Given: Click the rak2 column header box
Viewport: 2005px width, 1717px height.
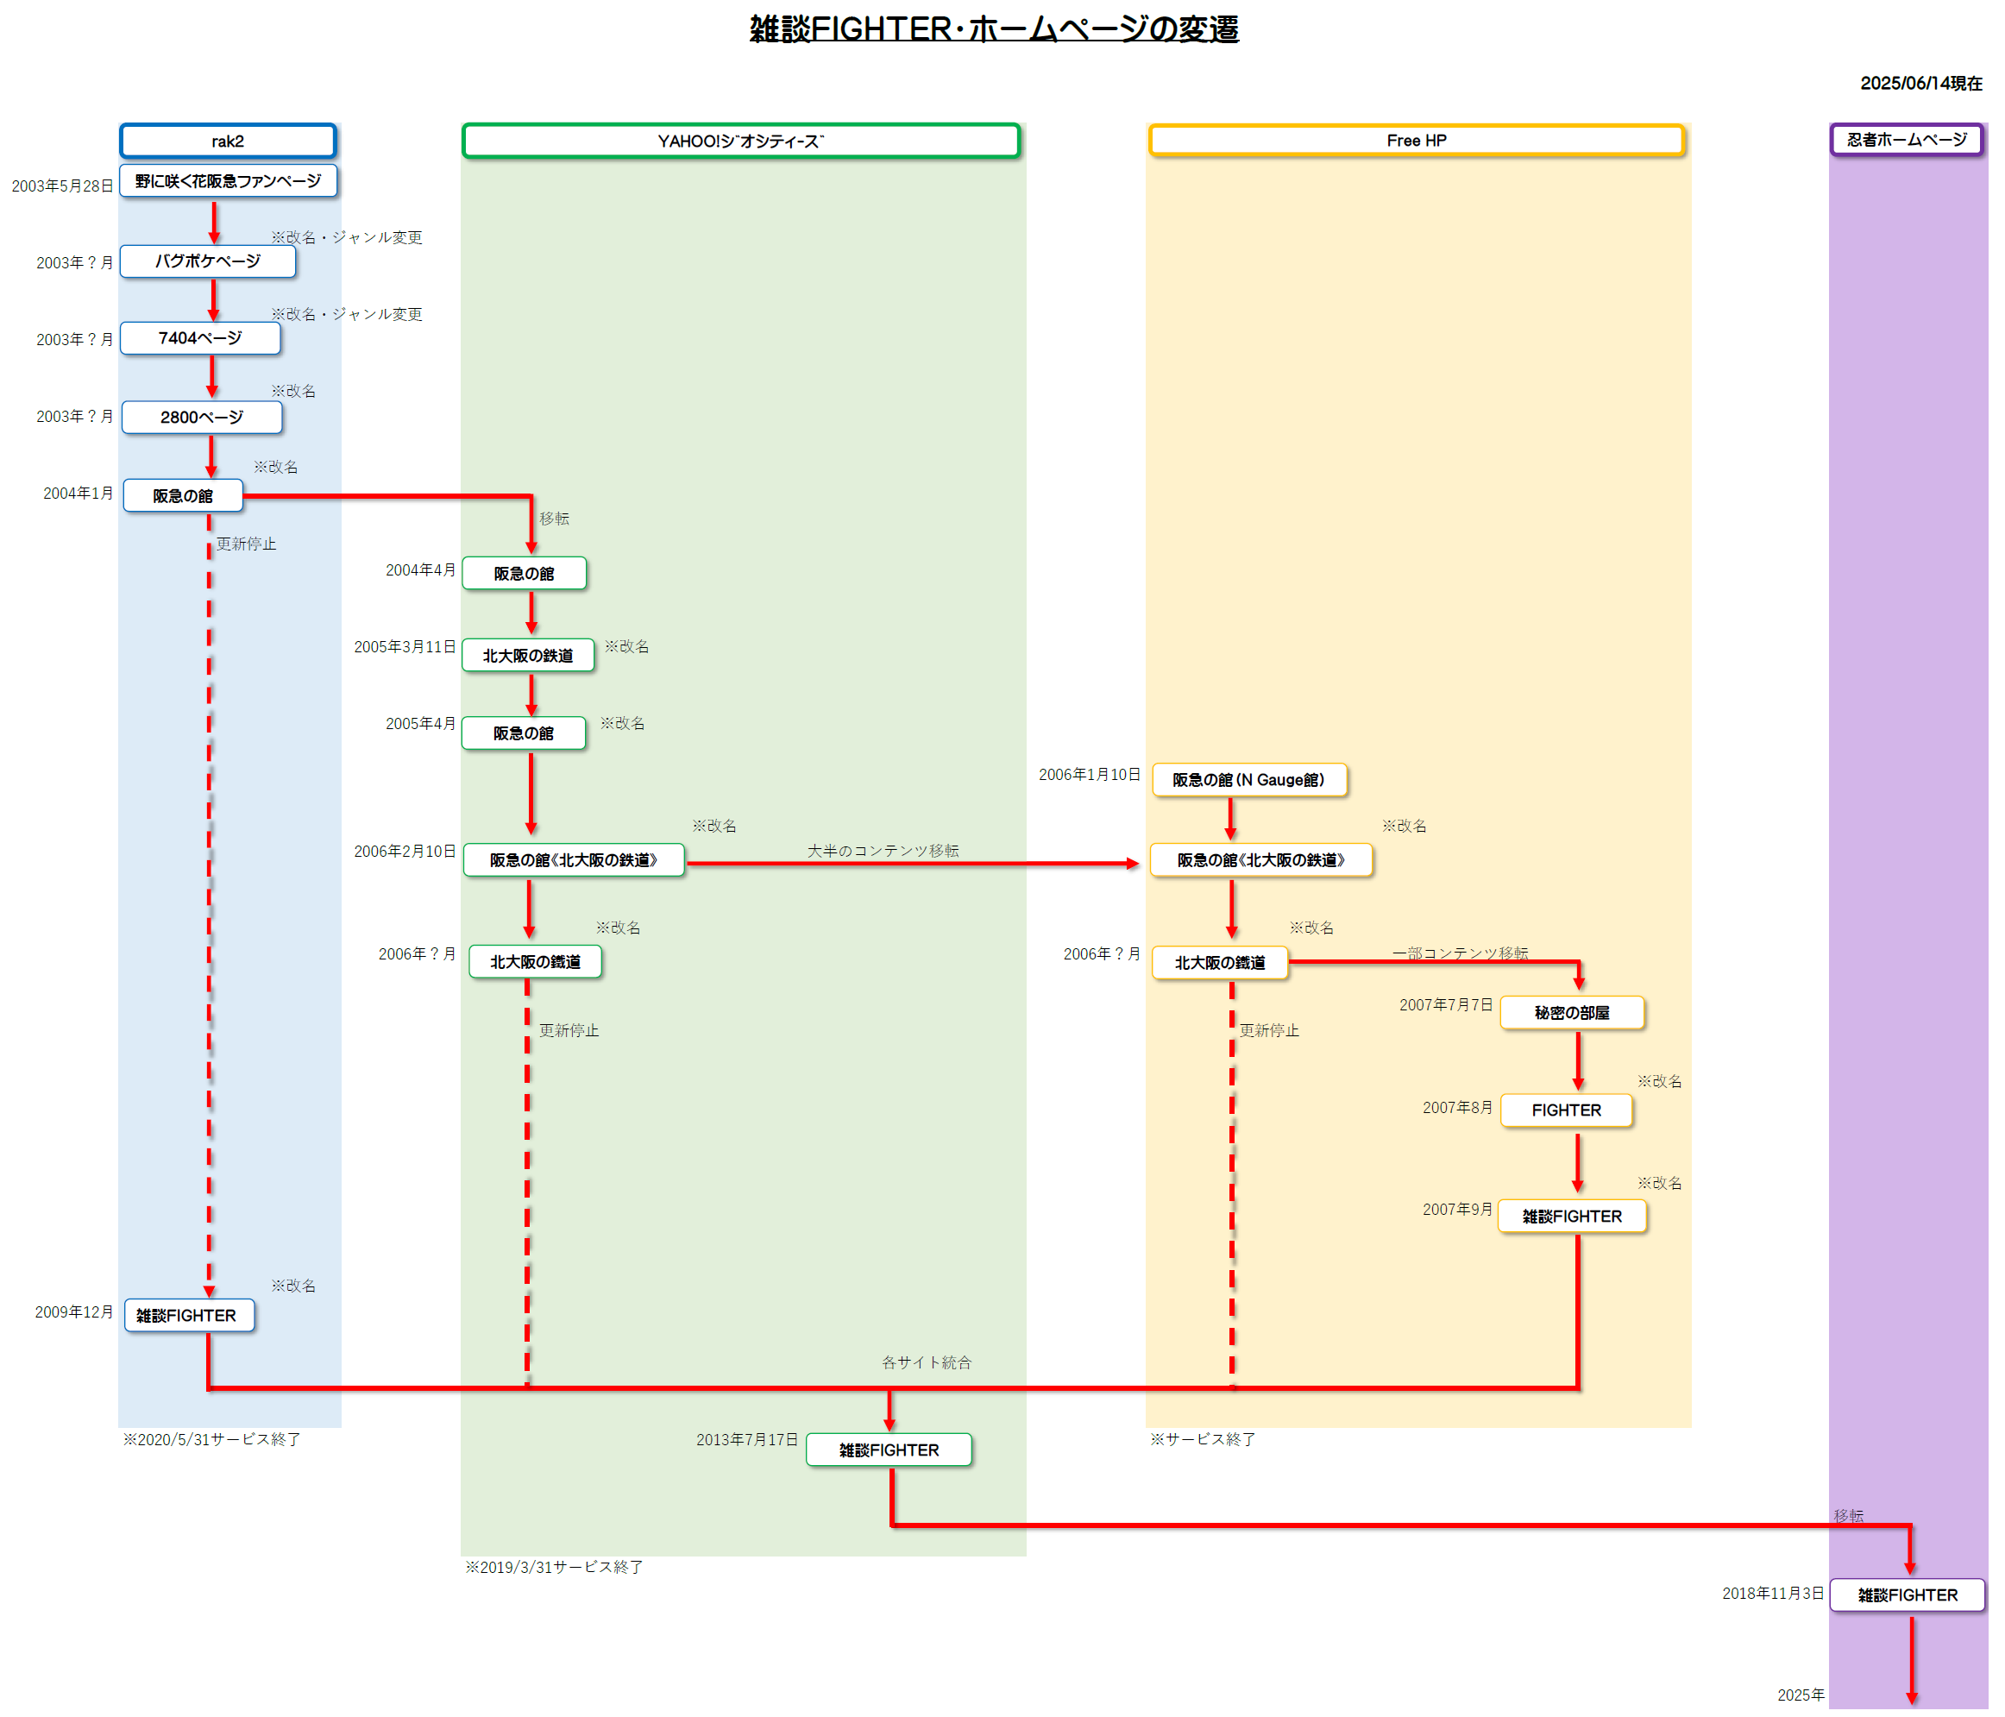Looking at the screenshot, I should tap(228, 141).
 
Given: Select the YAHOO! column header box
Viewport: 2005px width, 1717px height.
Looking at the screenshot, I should tap(740, 141).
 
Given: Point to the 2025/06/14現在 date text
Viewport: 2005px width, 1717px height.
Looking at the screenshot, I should tap(1920, 83).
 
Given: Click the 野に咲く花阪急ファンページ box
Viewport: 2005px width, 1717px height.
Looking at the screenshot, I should tap(228, 181).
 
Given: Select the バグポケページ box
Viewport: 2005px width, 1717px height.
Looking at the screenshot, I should tap(207, 261).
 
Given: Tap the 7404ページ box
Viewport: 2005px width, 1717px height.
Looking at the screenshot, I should tap(200, 337).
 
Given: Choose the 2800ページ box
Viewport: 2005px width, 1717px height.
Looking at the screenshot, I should tap(201, 417).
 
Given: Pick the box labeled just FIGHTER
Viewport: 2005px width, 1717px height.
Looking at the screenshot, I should tap(1566, 1110).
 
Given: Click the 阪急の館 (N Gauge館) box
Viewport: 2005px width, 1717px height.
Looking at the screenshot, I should tap(1248, 779).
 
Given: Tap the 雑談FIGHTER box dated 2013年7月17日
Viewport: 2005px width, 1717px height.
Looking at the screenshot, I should tap(889, 1450).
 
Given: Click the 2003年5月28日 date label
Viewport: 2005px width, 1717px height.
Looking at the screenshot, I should tap(62, 186).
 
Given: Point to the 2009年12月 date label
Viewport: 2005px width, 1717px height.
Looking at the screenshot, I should tap(73, 1311).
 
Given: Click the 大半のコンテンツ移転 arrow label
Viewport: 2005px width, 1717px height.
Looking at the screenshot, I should tap(883, 850).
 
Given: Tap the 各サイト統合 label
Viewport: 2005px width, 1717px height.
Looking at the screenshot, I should tap(926, 1362).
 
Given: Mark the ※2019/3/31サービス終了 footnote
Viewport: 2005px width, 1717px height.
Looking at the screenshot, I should tap(554, 1566).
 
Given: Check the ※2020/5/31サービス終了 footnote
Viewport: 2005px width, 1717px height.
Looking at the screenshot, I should tap(211, 1439).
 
